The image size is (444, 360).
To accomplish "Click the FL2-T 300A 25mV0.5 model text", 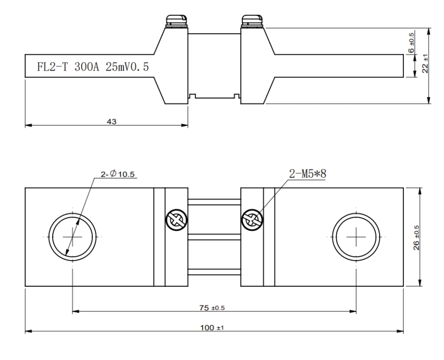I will tap(93, 67).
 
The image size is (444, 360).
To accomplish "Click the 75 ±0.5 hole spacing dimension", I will tap(214, 308).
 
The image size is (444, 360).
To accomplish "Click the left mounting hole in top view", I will tap(73, 237).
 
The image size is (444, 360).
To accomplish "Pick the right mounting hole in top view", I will tap(356, 237).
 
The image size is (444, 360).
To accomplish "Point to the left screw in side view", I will tap(176, 21).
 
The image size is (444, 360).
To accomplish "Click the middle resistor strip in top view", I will tap(214, 237).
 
